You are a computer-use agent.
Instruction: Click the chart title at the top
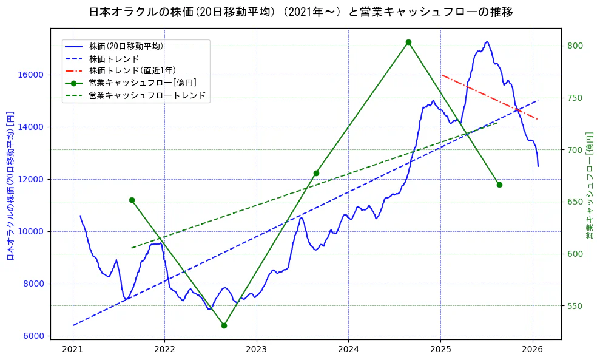tap(300, 12)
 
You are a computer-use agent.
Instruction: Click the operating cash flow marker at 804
tap(408, 42)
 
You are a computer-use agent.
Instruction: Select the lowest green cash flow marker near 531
tap(224, 325)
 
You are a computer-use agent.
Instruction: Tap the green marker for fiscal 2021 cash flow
tap(132, 200)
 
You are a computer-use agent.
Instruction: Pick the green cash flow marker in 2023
tap(316, 173)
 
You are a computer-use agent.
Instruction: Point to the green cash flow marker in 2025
tap(499, 185)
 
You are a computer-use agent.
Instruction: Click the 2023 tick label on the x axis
tap(257, 349)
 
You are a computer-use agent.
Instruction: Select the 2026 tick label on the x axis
tap(532, 349)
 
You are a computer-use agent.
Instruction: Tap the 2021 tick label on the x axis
tap(73, 349)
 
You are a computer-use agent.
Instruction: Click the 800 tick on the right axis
tap(575, 46)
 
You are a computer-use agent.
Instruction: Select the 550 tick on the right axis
tap(575, 306)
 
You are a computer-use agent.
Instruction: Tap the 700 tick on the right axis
tap(575, 150)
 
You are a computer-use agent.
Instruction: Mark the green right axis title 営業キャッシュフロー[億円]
tap(589, 185)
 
